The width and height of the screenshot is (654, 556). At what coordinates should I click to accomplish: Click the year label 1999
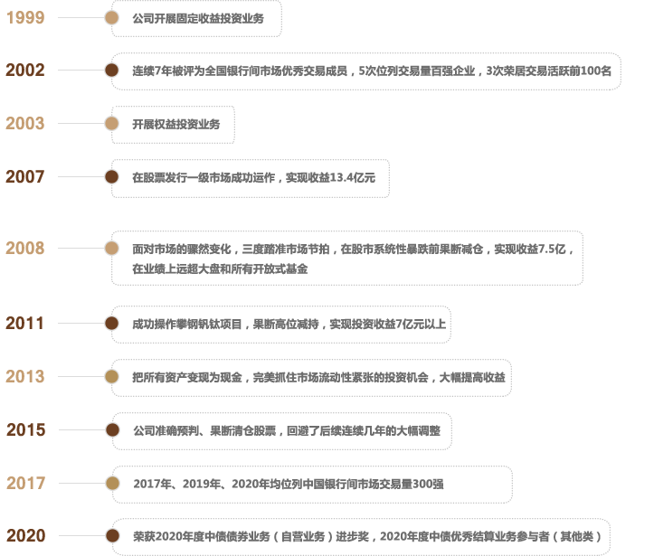point(25,18)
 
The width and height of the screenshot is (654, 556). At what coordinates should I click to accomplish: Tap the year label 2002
point(25,71)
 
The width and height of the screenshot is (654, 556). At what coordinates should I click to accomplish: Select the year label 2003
point(25,124)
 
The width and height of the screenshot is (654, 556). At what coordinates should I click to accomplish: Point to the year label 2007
point(25,177)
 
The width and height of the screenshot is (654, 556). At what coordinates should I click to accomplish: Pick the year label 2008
point(25,249)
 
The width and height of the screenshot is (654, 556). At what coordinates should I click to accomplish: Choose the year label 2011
point(25,323)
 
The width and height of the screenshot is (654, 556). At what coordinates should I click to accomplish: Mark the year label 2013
point(25,376)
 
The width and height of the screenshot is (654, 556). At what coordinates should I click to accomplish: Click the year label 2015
point(25,429)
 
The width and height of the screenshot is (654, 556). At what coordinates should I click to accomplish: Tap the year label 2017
point(25,484)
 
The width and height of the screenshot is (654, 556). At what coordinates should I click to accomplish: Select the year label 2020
point(25,536)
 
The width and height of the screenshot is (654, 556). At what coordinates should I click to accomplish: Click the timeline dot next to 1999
point(112,18)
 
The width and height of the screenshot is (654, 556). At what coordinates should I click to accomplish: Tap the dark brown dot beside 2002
point(112,71)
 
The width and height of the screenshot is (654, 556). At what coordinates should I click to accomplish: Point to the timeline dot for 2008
point(112,249)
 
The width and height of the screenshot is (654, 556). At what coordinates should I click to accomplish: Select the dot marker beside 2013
point(112,376)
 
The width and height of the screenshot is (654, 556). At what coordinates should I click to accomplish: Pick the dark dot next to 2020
point(112,536)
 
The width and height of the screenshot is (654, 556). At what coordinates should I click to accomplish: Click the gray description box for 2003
point(173,124)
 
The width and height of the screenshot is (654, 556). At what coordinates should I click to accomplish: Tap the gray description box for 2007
point(251,177)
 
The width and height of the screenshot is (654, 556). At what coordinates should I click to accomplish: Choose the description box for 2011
point(280,323)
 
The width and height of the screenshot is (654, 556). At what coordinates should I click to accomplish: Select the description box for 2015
point(280,429)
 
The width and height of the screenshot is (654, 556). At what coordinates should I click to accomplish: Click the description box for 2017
point(311,484)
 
